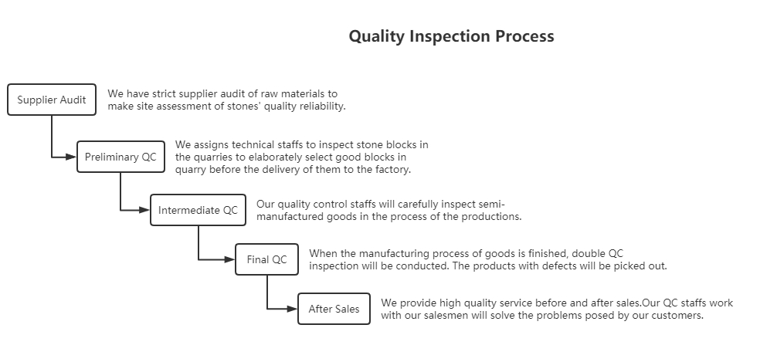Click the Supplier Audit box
click(52, 100)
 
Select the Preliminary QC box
click(120, 157)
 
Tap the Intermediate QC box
click(198, 210)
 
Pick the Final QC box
click(266, 259)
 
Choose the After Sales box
click(334, 309)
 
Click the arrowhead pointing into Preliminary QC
click(71, 157)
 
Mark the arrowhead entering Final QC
click(229, 259)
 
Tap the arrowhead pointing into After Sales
click(292, 309)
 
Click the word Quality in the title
click(377, 36)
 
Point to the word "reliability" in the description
click(321, 106)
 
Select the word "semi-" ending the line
click(491, 204)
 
